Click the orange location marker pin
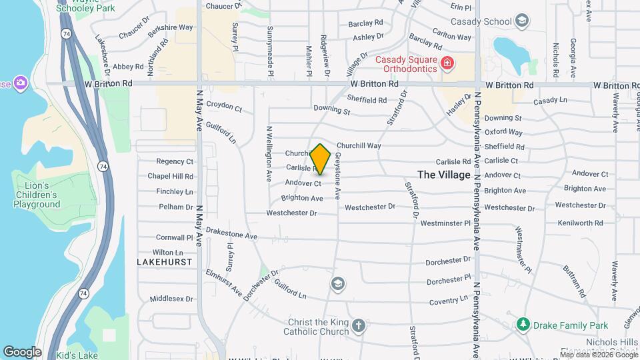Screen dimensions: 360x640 (321, 159)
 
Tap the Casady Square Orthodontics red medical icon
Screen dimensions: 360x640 (447, 64)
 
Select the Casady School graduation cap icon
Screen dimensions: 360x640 (522, 21)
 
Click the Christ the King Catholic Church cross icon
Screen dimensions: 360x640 (359, 326)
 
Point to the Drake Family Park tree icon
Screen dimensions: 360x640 (523, 325)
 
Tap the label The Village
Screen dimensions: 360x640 (444, 175)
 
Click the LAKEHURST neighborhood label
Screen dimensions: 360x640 (165, 262)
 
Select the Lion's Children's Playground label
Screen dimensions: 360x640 (37, 195)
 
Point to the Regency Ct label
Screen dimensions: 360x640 (175, 161)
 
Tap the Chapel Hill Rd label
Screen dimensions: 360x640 (171, 177)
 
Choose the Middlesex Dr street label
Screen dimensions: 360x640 (171, 299)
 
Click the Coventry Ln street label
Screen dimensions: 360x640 (445, 301)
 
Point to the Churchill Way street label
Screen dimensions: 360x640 (359, 145)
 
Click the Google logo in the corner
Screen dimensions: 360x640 (22, 351)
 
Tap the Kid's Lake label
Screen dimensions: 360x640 (77, 355)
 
